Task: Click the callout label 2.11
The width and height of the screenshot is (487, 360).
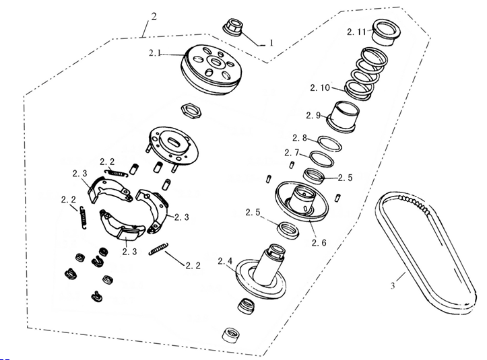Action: (356, 32)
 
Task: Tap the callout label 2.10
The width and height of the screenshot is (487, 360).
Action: (319, 88)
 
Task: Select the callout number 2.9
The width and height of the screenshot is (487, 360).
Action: (313, 116)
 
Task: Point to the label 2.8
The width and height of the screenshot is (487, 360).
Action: (300, 138)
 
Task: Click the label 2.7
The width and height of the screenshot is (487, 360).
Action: (292, 153)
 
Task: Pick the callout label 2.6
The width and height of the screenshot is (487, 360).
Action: (319, 242)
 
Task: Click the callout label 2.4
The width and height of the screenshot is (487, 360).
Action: (225, 261)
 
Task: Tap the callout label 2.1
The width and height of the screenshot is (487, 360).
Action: (155, 53)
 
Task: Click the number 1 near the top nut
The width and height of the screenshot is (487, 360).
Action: (271, 42)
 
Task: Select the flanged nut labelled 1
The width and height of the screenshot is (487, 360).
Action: (234, 28)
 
